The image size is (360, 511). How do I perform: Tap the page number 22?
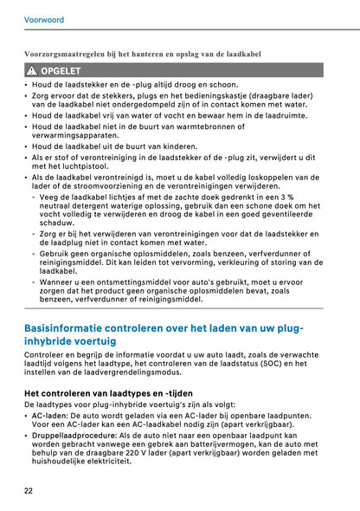click(29, 491)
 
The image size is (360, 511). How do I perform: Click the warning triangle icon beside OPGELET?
click(31, 70)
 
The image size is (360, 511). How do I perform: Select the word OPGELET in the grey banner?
click(61, 70)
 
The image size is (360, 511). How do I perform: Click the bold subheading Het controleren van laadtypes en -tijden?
click(106, 393)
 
